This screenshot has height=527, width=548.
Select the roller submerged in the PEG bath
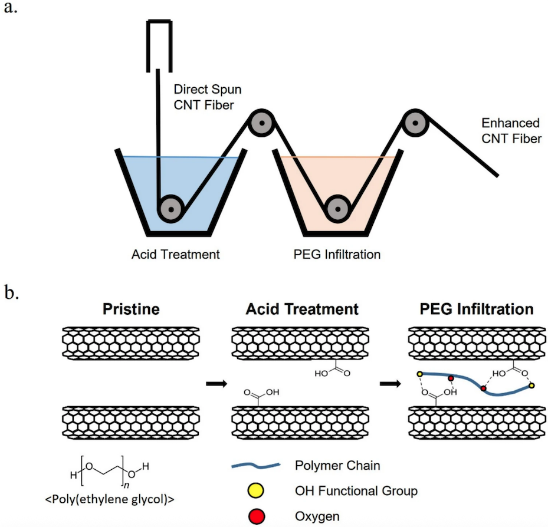point(337,208)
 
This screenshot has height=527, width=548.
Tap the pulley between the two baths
point(258,123)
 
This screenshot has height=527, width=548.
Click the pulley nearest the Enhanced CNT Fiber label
point(415,123)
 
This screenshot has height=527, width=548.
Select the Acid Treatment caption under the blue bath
point(176,255)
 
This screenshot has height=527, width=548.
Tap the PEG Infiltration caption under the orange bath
point(337,255)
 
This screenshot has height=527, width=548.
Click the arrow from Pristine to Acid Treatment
point(217,384)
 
